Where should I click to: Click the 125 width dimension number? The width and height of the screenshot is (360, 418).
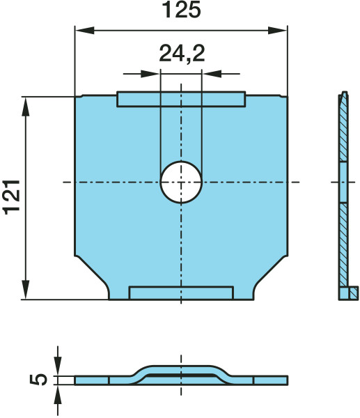181,10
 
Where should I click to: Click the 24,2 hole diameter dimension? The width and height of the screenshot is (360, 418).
182,54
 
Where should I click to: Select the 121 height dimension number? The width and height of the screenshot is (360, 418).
12,197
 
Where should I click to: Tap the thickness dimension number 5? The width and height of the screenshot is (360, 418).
39,380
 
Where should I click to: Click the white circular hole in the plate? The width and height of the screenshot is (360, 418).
181,182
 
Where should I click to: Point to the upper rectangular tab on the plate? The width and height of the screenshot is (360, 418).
181,99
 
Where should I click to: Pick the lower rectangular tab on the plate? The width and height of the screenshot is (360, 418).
181,293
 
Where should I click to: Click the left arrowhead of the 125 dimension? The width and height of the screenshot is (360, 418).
85,31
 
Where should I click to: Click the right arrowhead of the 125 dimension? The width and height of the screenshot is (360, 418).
277,31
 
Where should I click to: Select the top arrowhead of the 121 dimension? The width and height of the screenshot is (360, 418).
26,107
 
